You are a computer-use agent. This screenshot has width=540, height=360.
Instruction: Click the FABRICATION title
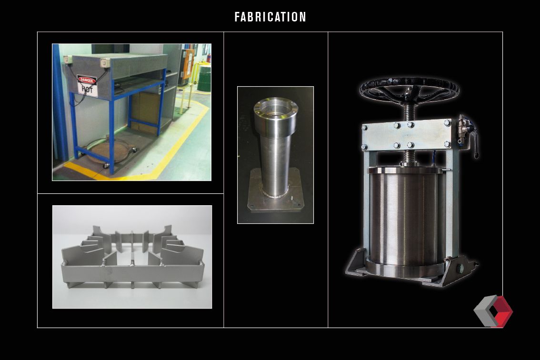[270, 17]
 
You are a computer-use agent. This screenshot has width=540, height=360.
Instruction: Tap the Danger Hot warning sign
[87, 86]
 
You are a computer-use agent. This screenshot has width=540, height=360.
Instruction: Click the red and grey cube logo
[493, 311]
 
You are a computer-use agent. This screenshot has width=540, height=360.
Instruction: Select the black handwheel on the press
[409, 89]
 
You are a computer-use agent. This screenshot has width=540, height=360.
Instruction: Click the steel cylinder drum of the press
[404, 217]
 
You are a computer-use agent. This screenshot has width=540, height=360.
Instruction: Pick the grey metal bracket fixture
[132, 257]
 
